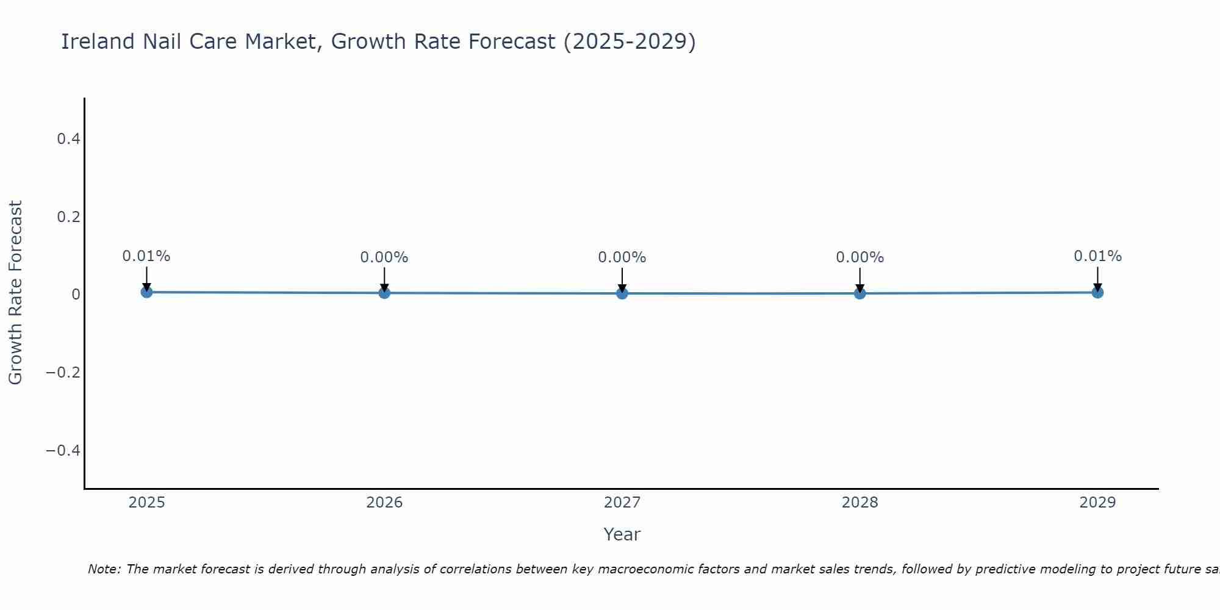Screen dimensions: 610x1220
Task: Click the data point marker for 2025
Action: [146, 292]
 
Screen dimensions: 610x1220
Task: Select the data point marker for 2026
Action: [384, 293]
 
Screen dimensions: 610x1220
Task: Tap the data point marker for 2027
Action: [622, 293]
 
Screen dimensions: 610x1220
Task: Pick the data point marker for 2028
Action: [859, 293]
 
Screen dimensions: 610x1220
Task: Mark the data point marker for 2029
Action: [1097, 292]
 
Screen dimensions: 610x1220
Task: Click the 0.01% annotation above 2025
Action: [146, 256]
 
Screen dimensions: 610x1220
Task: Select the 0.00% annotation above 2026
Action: [384, 257]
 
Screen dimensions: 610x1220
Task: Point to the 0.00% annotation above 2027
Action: [622, 257]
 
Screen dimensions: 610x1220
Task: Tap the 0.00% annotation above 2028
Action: [859, 257]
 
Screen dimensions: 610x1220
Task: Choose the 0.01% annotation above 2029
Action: [1097, 256]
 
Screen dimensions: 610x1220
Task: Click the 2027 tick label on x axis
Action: [622, 503]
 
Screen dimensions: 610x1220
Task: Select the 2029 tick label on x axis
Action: [1097, 503]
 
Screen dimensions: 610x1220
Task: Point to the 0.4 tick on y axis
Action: [68, 139]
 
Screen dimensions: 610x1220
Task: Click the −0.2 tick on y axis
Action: [63, 372]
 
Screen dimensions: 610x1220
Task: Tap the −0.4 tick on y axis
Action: [63, 450]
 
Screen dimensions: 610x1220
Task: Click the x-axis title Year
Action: [622, 534]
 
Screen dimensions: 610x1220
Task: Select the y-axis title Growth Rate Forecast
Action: [15, 293]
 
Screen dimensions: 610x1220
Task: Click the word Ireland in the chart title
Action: [98, 41]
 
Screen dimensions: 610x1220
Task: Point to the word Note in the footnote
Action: [103, 569]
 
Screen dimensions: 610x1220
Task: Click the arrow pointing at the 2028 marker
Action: [859, 279]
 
